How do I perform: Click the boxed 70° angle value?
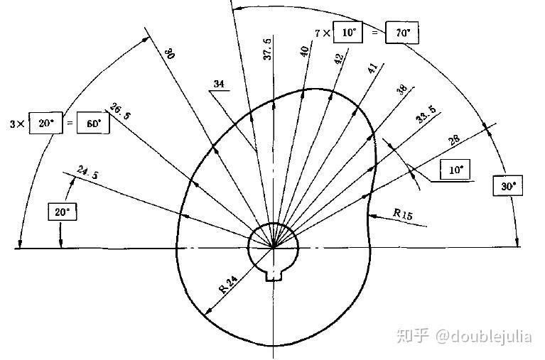[x=402, y=33]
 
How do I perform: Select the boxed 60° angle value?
[x=93, y=124]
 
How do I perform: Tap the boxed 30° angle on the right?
[x=507, y=187]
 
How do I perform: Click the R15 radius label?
[x=404, y=212]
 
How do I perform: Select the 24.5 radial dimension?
[x=87, y=171]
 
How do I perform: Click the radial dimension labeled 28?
[x=454, y=141]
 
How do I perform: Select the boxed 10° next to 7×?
[x=349, y=33]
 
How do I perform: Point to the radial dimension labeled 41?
[x=372, y=70]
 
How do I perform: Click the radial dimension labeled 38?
[x=402, y=89]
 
